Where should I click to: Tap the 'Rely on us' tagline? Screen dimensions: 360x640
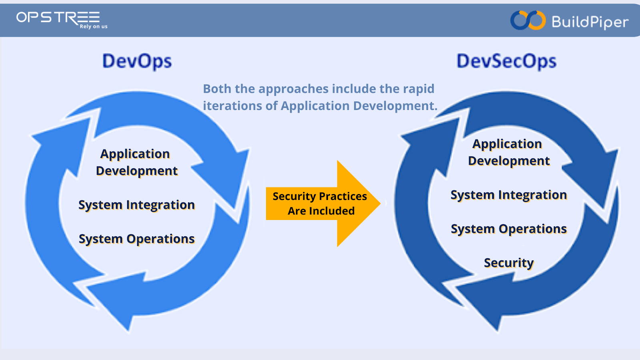(x=93, y=26)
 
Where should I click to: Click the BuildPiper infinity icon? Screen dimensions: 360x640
(x=528, y=20)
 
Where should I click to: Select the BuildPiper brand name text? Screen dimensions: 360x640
(x=590, y=22)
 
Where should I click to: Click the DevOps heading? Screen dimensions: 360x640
(x=137, y=62)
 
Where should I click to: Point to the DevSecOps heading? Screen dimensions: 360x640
(x=506, y=62)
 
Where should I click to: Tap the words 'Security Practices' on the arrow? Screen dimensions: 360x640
(x=320, y=196)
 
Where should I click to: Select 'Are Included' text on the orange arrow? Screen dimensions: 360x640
(x=321, y=211)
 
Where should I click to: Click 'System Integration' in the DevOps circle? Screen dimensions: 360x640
(x=136, y=205)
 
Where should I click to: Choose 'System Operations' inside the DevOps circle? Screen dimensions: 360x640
(x=136, y=239)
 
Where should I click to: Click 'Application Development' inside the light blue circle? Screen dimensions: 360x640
(x=136, y=162)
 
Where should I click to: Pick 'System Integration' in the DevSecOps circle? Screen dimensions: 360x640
(x=508, y=195)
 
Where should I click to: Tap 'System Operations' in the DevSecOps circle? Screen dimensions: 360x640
(x=508, y=229)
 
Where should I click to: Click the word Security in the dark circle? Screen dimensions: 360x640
(x=508, y=263)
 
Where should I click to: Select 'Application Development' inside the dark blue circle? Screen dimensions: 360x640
(x=508, y=152)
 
